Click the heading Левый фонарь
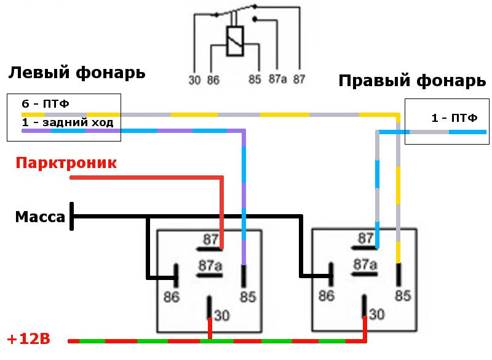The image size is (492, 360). coord(77,73)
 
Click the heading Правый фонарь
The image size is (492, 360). coord(408,81)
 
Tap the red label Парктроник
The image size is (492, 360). coord(66,163)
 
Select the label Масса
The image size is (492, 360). coord(40,217)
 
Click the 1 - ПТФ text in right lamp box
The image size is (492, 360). coord(454,118)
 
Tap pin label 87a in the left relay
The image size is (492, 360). coord(210,266)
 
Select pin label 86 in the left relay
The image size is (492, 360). coord(172,297)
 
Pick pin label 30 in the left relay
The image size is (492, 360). coord(222,316)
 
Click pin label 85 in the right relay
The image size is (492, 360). coord(402,295)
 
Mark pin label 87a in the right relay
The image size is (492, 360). coord(365,265)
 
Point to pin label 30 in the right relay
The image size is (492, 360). coord(377,315)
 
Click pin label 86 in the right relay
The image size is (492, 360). coord(327,295)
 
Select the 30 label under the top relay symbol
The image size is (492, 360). coord(194,79)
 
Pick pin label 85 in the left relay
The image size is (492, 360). coord(247,297)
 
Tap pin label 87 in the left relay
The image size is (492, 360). coord(210,238)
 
